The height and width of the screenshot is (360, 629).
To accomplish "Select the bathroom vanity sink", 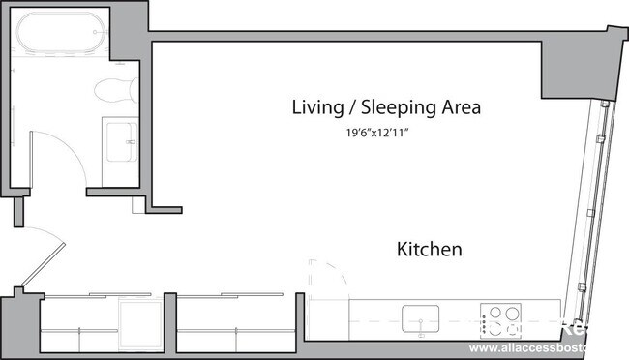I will (x=122, y=137).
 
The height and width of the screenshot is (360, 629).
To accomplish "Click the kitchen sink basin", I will (x=421, y=316).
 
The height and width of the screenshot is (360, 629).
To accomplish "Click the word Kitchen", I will (x=429, y=250).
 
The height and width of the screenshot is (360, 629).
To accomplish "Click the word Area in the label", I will (x=459, y=107).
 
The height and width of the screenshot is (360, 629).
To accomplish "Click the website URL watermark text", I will (x=548, y=346).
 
